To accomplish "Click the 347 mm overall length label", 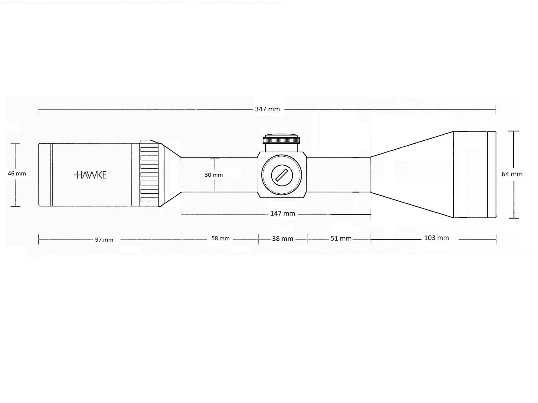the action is click(267, 109).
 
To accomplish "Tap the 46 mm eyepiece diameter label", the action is click(17, 174).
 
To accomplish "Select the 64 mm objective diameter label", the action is click(512, 174).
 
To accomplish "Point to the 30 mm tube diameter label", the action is click(214, 175).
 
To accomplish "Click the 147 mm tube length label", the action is click(282, 213).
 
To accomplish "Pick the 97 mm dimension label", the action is click(104, 240).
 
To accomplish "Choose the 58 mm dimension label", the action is click(220, 238).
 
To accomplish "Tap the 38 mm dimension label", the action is click(282, 239).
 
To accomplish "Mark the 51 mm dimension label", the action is click(341, 238).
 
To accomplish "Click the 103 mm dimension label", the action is click(436, 238).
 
